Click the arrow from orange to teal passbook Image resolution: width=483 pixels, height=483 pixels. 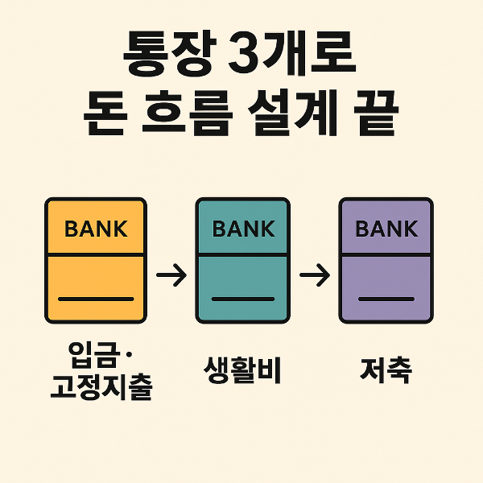171,276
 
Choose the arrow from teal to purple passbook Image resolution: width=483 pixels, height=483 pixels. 315,276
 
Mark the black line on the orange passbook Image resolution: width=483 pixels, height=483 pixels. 96,299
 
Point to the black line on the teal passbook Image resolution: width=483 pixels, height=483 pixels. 242,299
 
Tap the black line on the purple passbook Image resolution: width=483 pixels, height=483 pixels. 386,299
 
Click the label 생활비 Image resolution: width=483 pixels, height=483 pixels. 242,370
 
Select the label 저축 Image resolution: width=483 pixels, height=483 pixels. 386,370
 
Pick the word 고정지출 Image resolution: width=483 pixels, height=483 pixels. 101,388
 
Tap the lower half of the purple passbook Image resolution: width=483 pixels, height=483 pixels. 386,288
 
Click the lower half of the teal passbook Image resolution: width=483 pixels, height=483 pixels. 242,288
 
